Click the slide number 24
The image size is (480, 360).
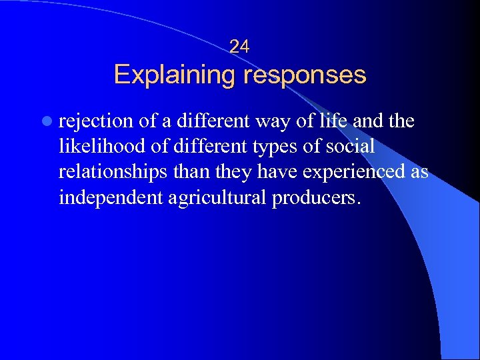click(239, 46)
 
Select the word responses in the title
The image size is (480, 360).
click(305, 74)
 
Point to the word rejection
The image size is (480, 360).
click(97, 121)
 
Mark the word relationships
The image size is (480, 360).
click(113, 172)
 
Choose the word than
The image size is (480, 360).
click(191, 172)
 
